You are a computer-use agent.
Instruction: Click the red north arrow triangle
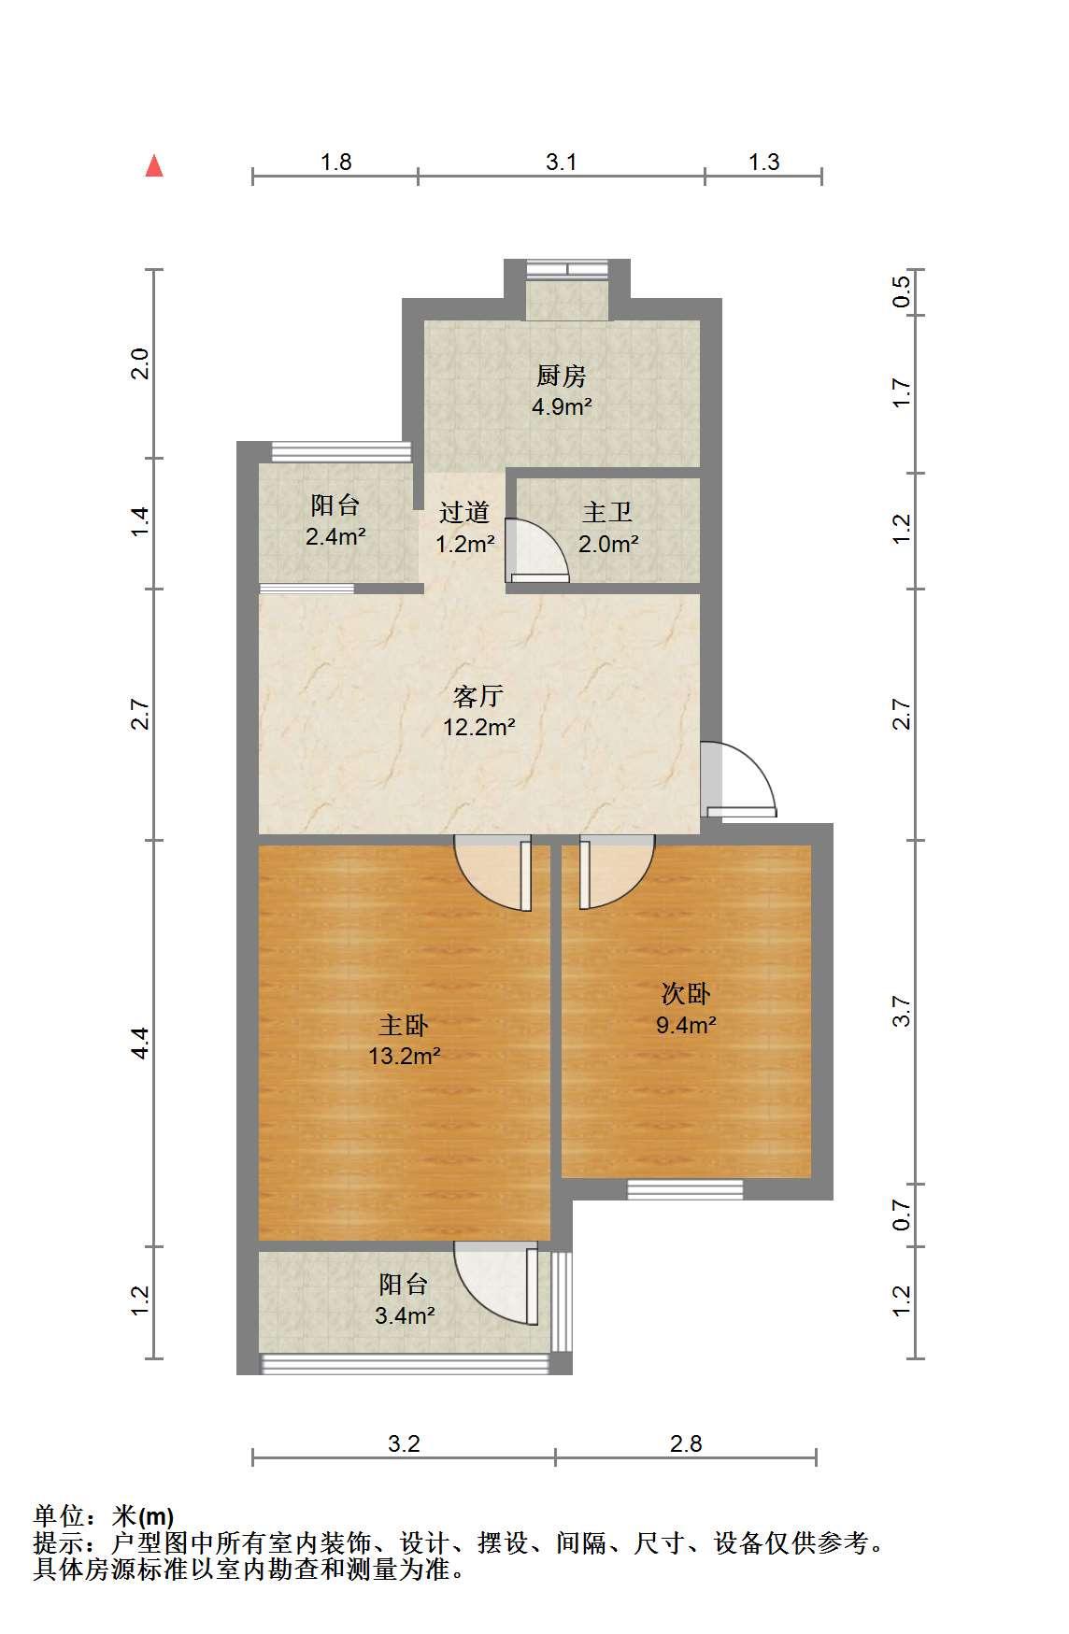coord(154,166)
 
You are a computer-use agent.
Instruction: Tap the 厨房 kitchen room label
coord(562,377)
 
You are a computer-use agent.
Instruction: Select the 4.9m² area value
coord(562,407)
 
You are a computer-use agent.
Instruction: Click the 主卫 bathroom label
coord(607,512)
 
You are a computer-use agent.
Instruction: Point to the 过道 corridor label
coord(464,512)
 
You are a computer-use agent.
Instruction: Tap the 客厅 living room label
coord(478,696)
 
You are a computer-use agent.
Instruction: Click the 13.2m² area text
coord(405,1057)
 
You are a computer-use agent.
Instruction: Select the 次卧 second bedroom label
coord(686,993)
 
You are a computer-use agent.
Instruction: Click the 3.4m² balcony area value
coord(405,1316)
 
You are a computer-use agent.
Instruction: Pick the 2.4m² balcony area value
coord(335,537)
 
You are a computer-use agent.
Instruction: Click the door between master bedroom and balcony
coord(496,1284)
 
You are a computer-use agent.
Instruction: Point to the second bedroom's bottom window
coord(685,1189)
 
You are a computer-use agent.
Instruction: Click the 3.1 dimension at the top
coord(562,162)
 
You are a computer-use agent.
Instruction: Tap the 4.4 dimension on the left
coord(139,1043)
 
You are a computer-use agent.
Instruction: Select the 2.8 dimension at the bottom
coord(686,1443)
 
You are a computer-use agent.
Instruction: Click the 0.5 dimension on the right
coord(902,292)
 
